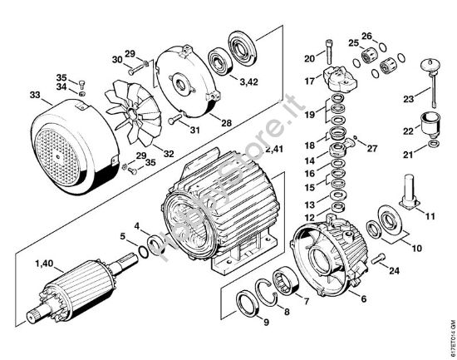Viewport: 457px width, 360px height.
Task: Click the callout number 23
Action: (x=407, y=99)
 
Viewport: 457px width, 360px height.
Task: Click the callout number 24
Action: (x=394, y=270)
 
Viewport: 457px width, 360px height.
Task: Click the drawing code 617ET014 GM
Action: (x=450, y=315)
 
